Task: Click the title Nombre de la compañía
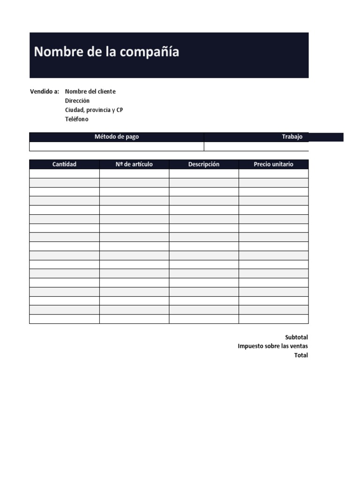click(x=106, y=52)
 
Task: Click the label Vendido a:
click(x=45, y=91)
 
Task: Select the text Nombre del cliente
click(x=90, y=91)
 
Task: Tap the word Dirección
click(x=77, y=101)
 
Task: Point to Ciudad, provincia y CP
click(x=94, y=110)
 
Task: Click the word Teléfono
click(x=77, y=119)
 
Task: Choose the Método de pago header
click(x=117, y=137)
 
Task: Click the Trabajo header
click(x=292, y=137)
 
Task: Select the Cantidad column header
click(x=64, y=164)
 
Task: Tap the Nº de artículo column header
click(x=134, y=164)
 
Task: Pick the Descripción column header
click(x=204, y=164)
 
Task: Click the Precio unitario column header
click(x=274, y=164)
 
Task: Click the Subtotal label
click(x=296, y=337)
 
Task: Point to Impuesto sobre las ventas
click(x=273, y=346)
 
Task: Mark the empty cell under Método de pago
click(x=117, y=146)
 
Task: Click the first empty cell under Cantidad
click(x=64, y=173)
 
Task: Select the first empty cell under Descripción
click(x=204, y=173)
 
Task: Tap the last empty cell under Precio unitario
click(x=274, y=319)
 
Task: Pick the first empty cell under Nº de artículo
click(x=134, y=173)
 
